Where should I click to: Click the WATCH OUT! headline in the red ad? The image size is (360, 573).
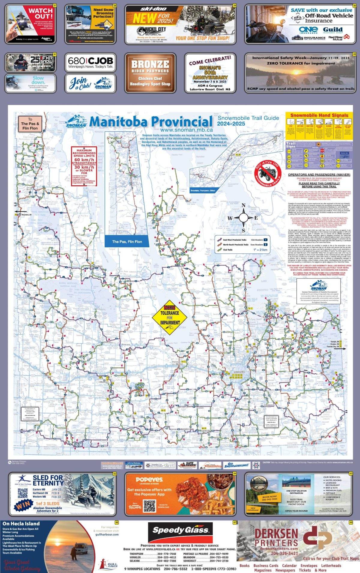[40, 13]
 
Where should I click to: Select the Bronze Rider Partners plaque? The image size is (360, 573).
[150, 73]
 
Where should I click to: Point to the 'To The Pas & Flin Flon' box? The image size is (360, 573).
[30, 124]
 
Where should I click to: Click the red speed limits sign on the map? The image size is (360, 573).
[84, 166]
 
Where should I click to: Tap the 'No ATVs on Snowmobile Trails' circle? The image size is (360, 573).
[268, 174]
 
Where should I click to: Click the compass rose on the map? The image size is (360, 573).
[243, 218]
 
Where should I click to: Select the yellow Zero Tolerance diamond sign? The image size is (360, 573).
[170, 318]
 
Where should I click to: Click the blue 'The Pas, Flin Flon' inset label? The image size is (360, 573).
[127, 242]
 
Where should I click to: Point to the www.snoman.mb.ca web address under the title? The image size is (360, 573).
[186, 130]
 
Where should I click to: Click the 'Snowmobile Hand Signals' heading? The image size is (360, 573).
[319, 115]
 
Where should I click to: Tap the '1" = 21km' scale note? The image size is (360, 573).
[260, 249]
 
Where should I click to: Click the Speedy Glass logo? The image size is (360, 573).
[180, 530]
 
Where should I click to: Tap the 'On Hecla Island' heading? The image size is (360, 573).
[21, 524]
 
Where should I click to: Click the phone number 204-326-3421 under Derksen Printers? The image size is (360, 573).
[284, 553]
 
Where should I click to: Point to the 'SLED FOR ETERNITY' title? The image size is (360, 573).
[48, 480]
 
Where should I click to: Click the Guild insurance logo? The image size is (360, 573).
[333, 30]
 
